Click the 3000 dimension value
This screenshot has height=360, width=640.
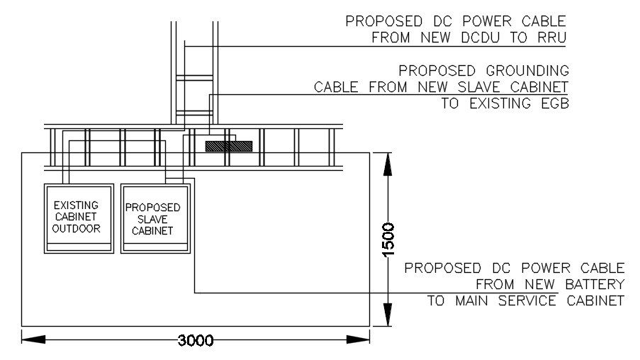[x=195, y=341]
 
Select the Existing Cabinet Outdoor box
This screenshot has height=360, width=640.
[x=78, y=218]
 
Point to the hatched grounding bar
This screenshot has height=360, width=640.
[x=228, y=145]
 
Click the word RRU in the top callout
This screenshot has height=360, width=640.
[x=551, y=38]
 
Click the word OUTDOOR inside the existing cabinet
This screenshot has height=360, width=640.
[x=77, y=229]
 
